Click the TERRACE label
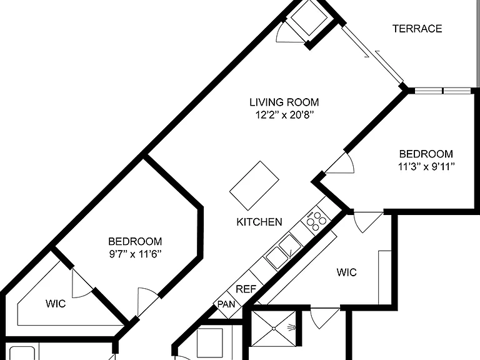tap(417, 29)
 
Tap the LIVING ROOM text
tap(284, 102)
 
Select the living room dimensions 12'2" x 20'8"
tap(285, 115)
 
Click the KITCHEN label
tap(259, 222)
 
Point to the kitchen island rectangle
tap(254, 186)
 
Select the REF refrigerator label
tap(246, 289)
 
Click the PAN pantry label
tap(226, 304)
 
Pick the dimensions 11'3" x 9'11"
tap(426, 166)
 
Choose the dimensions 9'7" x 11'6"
tap(135, 254)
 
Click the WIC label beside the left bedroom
tap(56, 304)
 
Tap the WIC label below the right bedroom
tap(346, 272)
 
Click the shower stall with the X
tap(274, 329)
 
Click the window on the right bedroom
tap(442, 91)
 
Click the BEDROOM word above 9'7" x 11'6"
tap(135, 241)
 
